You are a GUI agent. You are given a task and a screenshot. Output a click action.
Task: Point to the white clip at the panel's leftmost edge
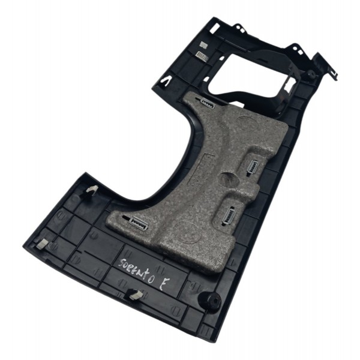point(43,242)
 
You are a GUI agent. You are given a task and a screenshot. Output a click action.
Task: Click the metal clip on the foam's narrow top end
point(208,103)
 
